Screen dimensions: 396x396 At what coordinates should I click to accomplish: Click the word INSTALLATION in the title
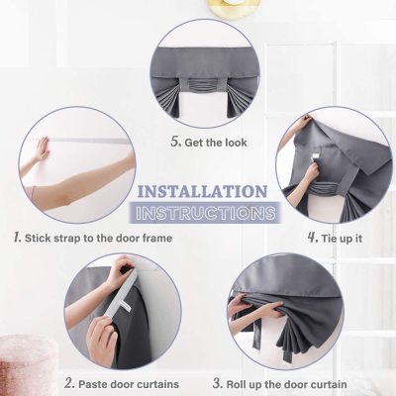click(x=201, y=191)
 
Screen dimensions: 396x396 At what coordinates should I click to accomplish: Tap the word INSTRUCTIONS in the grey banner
click(x=203, y=212)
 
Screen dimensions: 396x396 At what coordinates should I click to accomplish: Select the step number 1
click(x=17, y=238)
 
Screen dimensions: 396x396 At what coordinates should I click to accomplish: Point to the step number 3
click(x=217, y=383)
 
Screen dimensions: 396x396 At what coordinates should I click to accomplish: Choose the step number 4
click(x=312, y=238)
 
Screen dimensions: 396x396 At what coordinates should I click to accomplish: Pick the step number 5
click(x=175, y=142)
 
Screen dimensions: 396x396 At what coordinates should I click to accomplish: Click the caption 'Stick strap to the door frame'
click(x=96, y=238)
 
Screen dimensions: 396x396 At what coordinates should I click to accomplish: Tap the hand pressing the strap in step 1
click(x=40, y=149)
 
